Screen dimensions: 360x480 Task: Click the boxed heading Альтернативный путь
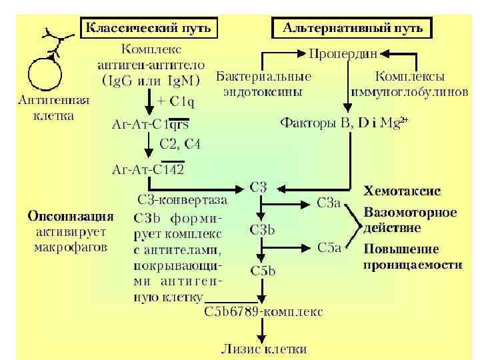[353, 27]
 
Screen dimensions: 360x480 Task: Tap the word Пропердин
[343, 52]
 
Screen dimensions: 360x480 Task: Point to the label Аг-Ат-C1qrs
[150, 123]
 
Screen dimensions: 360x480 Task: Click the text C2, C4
[179, 144]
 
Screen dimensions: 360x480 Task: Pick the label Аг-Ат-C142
[147, 168]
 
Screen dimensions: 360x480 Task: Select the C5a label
[329, 248]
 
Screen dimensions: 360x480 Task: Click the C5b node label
[263, 271]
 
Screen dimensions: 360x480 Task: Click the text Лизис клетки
[264, 348]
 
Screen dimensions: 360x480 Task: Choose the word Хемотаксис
[402, 191]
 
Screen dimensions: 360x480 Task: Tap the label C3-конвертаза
[181, 199]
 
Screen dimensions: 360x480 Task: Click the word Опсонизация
[70, 217]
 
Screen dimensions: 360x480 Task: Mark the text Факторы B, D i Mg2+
[344, 123]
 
